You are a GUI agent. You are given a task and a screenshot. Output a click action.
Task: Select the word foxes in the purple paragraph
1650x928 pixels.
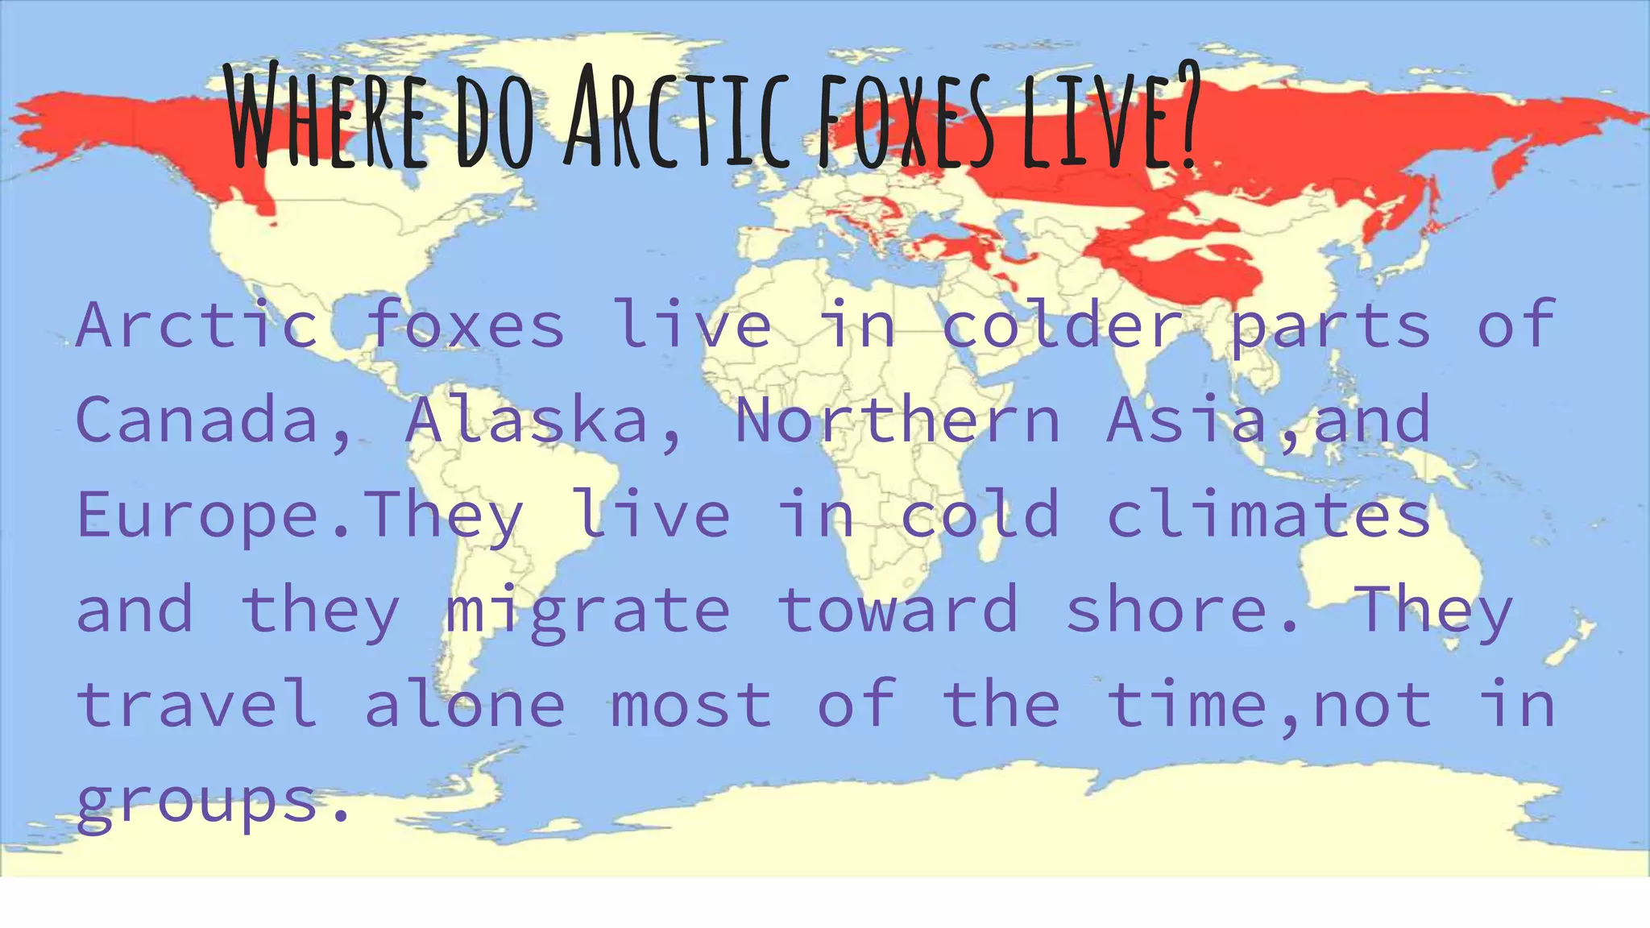[466, 325]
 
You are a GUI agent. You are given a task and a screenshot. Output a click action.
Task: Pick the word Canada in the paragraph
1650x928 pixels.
[198, 420]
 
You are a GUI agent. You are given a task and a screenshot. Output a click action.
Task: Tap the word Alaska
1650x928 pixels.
[528, 420]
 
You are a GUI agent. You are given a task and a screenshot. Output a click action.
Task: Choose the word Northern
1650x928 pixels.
[898, 420]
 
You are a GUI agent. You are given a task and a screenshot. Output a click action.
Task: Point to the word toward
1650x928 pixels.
[898, 610]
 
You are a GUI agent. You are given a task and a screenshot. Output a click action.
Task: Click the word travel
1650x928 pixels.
[198, 705]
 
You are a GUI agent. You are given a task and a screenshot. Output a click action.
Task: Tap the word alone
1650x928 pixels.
[466, 705]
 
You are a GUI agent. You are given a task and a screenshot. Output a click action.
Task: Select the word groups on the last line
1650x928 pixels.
[198, 802]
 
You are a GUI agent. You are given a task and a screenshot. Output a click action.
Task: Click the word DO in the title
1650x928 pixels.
[495, 121]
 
